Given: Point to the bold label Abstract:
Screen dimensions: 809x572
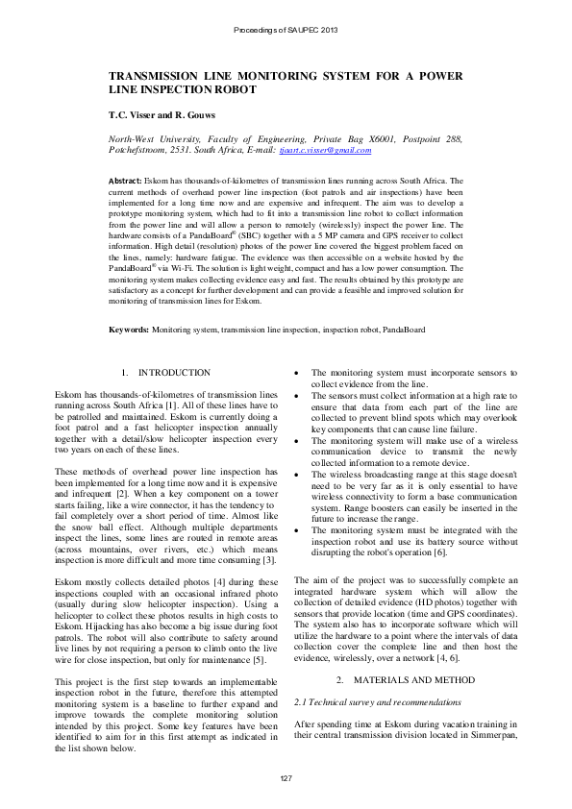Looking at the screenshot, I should (x=124, y=181).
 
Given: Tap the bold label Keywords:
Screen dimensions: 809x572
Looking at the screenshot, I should (x=129, y=330).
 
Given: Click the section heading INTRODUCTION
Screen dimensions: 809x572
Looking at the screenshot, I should (x=174, y=372).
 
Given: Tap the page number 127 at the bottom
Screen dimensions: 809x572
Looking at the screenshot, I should (x=286, y=777).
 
